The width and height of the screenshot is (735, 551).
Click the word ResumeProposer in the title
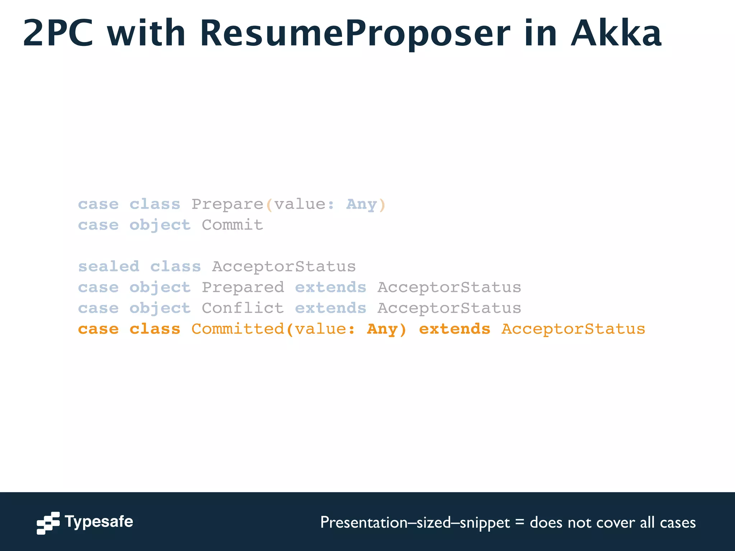pyautogui.click(x=355, y=34)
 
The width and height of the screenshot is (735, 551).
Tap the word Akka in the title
pyautogui.click(x=616, y=34)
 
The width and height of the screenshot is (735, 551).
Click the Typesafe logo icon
pyautogui.click(x=48, y=523)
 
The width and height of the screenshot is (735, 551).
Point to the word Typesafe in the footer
pyautogui.click(x=99, y=522)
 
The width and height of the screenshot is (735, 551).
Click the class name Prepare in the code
pyautogui.click(x=228, y=204)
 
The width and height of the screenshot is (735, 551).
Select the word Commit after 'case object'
pyautogui.click(x=232, y=225)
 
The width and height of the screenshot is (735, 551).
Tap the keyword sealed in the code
pyautogui.click(x=109, y=267)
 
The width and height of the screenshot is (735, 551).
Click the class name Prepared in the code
pyautogui.click(x=243, y=288)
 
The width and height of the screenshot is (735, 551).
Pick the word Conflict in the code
pyautogui.click(x=243, y=309)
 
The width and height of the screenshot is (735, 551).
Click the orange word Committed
pyautogui.click(x=238, y=329)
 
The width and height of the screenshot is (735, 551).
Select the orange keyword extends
pyautogui.click(x=454, y=329)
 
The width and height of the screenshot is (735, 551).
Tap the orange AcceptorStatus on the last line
pyautogui.click(x=573, y=329)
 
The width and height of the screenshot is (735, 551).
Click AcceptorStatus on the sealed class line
pyautogui.click(x=284, y=267)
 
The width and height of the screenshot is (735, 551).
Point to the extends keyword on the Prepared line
pyautogui.click(x=331, y=288)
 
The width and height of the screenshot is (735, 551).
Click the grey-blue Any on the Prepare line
pyautogui.click(x=361, y=204)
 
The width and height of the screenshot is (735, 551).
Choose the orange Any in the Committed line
pyautogui.click(x=382, y=329)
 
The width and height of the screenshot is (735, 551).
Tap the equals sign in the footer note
pyautogui.click(x=519, y=522)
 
